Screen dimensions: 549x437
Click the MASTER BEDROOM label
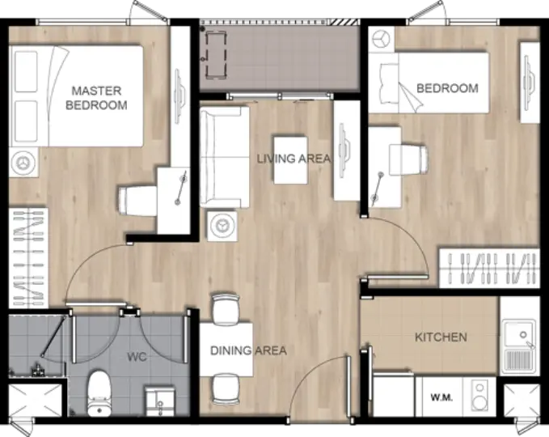click(96, 98)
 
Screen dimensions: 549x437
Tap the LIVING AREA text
click(294, 159)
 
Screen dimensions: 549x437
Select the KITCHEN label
click(441, 337)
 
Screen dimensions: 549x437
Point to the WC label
click(137, 357)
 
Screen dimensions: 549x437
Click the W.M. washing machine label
click(441, 397)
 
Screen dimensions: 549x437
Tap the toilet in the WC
click(99, 393)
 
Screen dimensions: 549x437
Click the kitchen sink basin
click(519, 335)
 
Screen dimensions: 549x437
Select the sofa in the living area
click(225, 157)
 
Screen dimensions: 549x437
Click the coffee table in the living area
click(290, 160)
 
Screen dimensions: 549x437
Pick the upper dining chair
click(226, 309)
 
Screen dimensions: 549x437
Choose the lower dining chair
click(226, 389)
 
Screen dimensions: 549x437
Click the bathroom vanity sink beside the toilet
click(159, 401)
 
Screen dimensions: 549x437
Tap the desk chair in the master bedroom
click(137, 201)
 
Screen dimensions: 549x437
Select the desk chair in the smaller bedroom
click(408, 159)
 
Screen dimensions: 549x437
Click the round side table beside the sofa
click(222, 226)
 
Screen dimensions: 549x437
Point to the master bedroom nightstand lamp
click(23, 162)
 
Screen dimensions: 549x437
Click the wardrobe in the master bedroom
click(28, 258)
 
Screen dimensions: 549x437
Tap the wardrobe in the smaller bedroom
click(489, 269)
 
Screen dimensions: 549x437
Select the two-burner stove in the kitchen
click(479, 396)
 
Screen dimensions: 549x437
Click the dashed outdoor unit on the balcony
click(215, 54)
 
